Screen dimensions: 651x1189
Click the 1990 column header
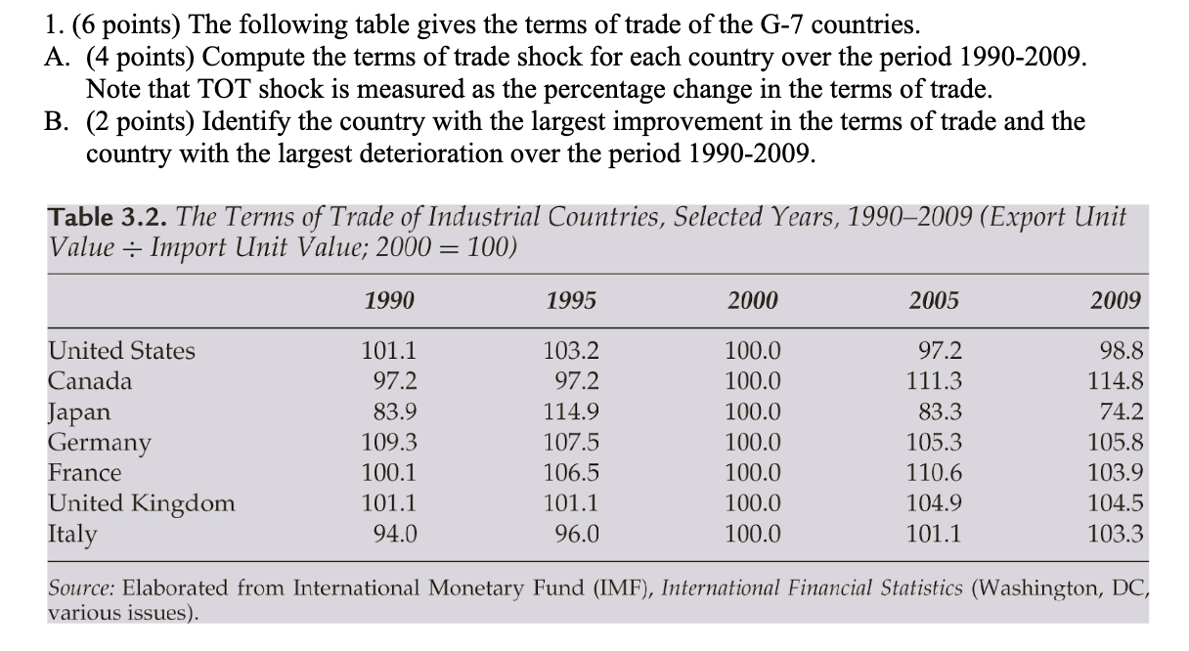(388, 301)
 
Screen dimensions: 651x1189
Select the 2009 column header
(1116, 301)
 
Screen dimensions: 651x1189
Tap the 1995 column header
(571, 301)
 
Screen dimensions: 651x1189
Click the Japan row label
(79, 412)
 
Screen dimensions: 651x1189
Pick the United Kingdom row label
(142, 503)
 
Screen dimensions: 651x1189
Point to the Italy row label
(73, 535)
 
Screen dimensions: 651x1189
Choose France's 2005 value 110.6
(934, 473)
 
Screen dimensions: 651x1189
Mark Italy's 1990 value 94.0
(393, 534)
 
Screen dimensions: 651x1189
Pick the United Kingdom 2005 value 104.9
(934, 503)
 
